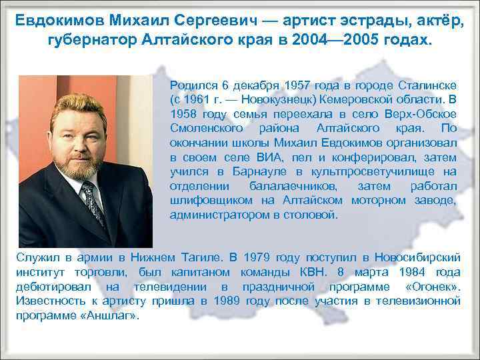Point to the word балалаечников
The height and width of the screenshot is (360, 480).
299,186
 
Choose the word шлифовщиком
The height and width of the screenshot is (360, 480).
201,200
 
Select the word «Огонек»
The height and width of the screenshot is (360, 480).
433,286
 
